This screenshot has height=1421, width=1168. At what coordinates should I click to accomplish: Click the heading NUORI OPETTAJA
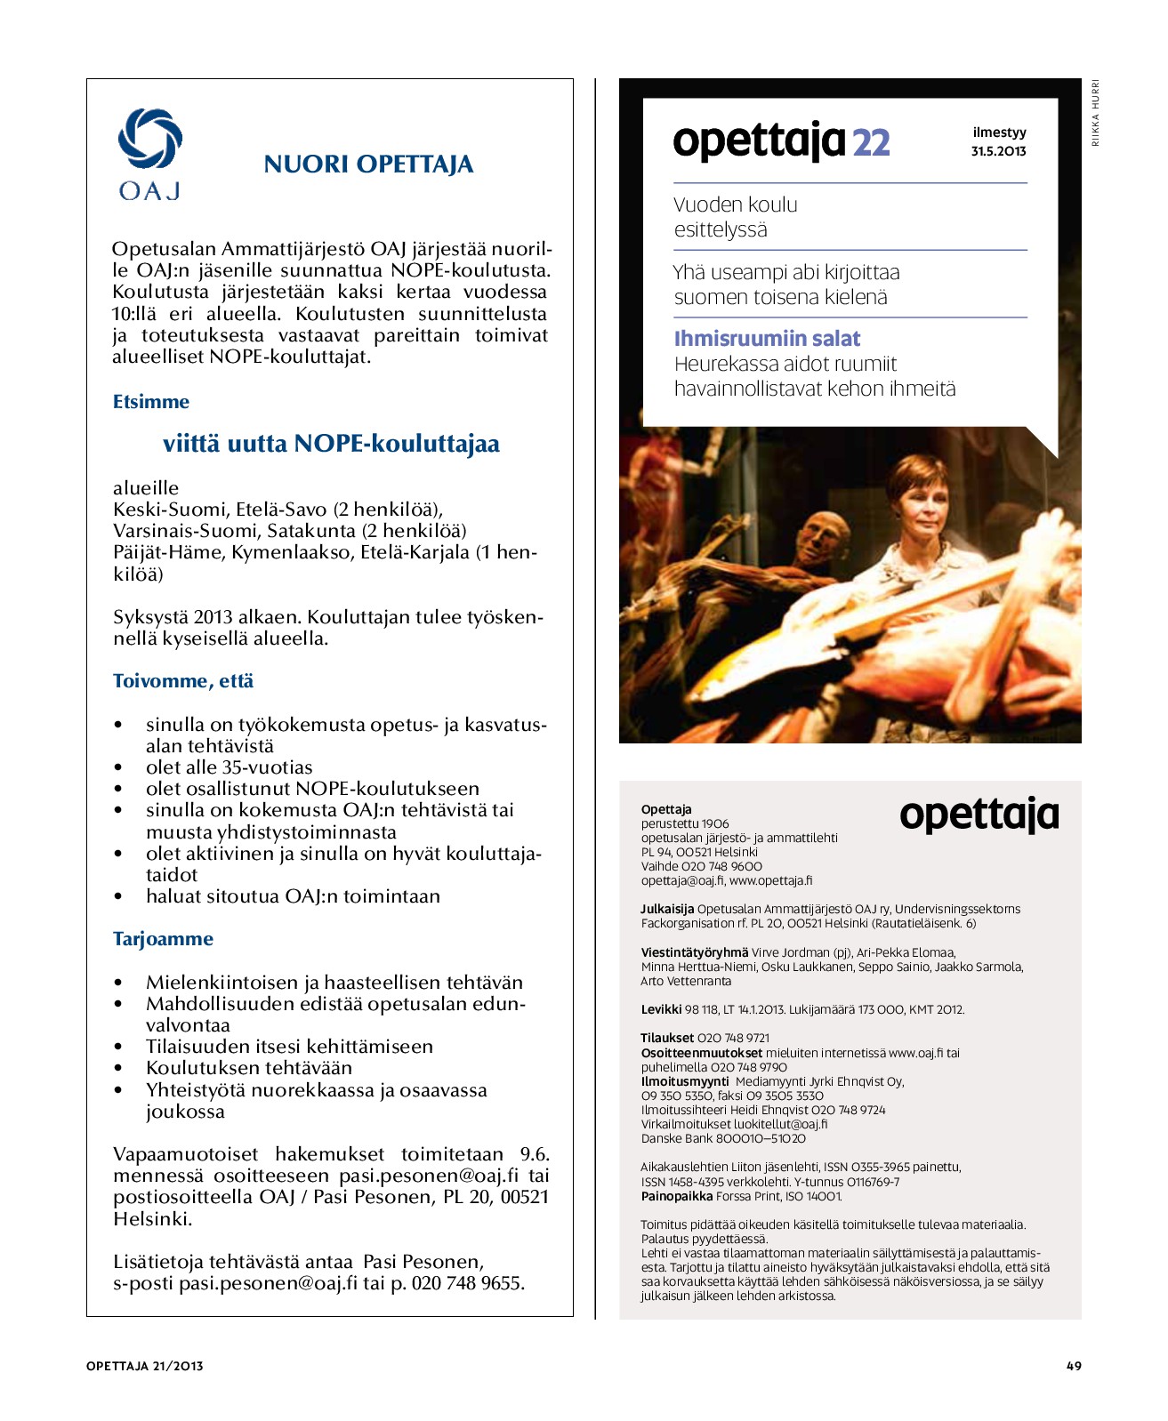click(368, 165)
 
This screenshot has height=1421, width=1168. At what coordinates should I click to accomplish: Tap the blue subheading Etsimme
click(150, 402)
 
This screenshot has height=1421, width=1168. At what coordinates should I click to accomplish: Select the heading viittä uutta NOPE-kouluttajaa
click(331, 444)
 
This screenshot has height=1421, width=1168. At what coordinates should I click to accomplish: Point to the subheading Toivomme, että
click(182, 681)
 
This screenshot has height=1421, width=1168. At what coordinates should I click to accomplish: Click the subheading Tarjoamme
click(163, 939)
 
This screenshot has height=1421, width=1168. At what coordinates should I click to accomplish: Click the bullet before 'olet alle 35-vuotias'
click(118, 767)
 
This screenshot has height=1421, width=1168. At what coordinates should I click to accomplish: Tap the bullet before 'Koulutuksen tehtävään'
click(118, 1068)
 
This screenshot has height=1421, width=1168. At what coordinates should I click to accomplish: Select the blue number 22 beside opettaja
click(871, 142)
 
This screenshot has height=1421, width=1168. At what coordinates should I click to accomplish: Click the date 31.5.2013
click(998, 151)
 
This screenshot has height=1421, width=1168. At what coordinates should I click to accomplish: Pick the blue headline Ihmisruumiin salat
click(767, 339)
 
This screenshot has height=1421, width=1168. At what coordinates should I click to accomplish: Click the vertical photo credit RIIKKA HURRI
click(1096, 113)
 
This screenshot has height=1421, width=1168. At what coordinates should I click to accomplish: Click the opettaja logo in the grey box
click(979, 815)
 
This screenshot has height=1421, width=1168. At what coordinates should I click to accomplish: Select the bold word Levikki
click(661, 1009)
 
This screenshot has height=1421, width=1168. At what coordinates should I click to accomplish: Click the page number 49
click(1074, 1366)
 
